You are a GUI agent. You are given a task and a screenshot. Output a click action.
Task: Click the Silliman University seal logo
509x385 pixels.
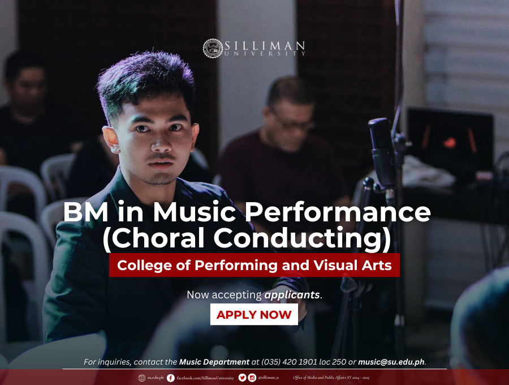point(213,49)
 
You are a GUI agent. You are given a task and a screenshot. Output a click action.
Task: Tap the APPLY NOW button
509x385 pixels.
point(254,314)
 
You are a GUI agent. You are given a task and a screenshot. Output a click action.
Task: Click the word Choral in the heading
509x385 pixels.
point(158,238)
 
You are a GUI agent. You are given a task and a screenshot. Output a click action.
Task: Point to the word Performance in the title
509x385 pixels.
point(338,212)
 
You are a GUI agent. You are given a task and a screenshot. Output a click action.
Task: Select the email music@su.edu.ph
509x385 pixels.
point(391,362)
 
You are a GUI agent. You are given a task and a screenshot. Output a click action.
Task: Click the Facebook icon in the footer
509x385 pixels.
point(170,378)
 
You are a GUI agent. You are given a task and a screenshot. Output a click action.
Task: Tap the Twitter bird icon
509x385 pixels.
point(242,378)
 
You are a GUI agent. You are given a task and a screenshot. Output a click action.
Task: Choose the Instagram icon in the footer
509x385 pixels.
point(252,378)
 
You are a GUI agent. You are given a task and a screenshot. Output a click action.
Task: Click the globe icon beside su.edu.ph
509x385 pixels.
point(142,378)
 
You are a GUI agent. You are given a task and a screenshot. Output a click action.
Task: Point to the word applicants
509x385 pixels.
point(292,294)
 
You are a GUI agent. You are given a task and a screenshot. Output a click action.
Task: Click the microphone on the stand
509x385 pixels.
point(383,153)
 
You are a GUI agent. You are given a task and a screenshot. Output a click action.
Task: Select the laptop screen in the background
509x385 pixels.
point(451,140)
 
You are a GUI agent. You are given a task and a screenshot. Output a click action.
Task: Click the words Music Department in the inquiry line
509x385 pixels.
point(214,362)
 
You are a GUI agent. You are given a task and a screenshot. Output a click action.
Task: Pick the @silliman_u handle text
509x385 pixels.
point(269,378)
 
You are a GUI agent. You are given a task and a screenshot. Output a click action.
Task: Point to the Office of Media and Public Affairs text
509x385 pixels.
point(331,378)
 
